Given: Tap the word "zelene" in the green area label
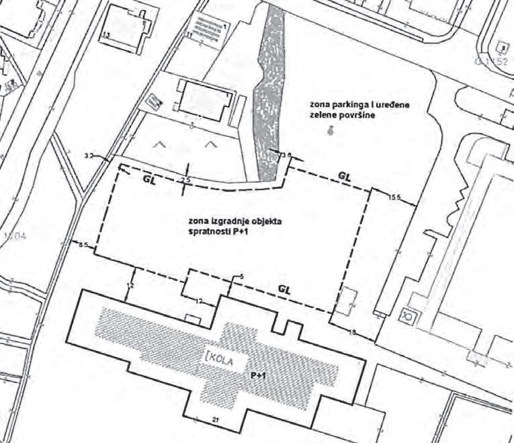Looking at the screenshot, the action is pyautogui.click(x=323, y=116).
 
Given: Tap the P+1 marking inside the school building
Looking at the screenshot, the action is pyautogui.click(x=260, y=376).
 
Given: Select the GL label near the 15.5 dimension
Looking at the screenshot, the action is pyautogui.click(x=345, y=175).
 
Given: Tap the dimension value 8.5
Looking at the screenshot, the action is pyautogui.click(x=83, y=245).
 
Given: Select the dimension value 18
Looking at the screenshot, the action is pyautogui.click(x=353, y=331).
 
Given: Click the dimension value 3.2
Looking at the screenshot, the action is pyautogui.click(x=88, y=155).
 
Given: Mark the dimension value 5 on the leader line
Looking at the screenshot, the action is pyautogui.click(x=241, y=276).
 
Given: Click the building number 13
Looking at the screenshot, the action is pyautogui.click(x=106, y=34).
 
